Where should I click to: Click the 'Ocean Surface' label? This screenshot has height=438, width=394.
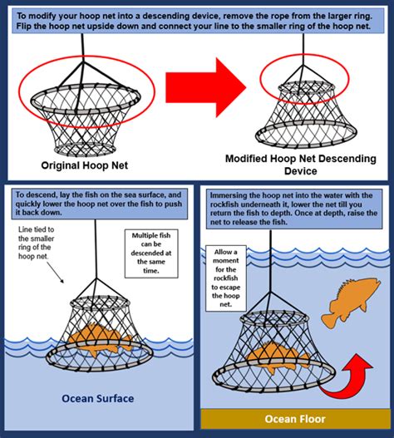click(98, 398)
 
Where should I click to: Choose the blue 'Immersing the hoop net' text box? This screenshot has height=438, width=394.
click(293, 211)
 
